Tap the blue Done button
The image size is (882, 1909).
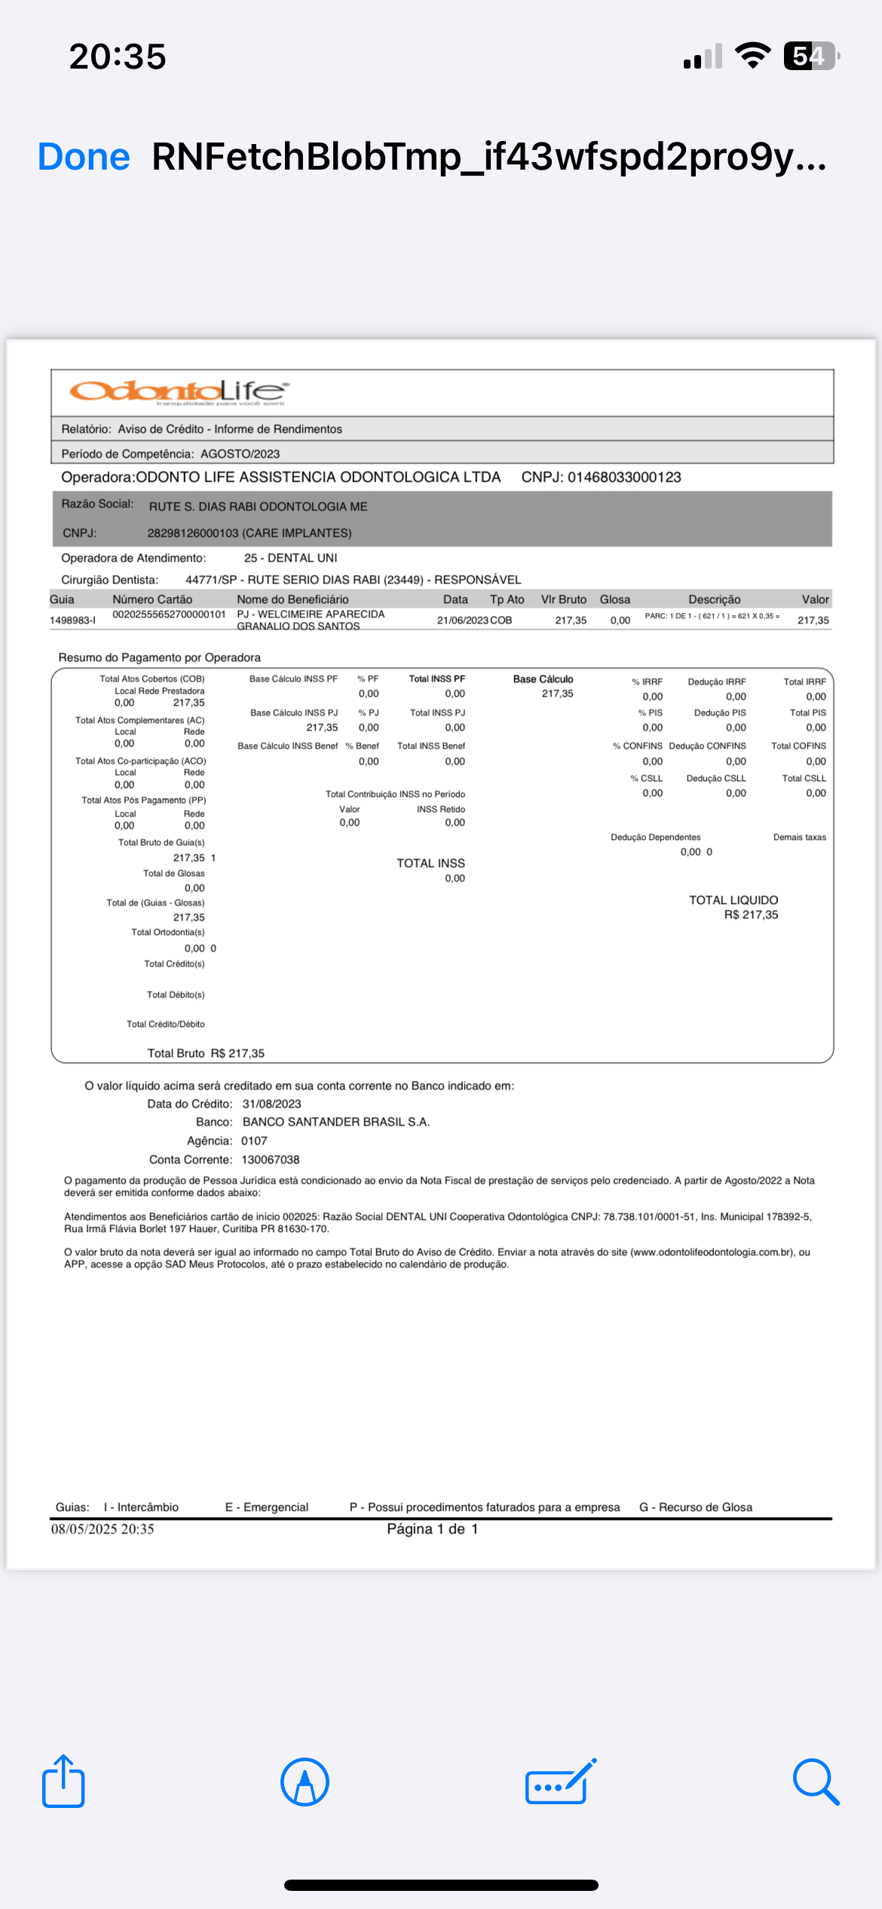(x=84, y=157)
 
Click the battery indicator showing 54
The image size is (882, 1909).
(x=810, y=56)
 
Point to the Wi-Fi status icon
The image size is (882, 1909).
(x=752, y=56)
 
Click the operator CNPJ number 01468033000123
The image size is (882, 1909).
(x=624, y=477)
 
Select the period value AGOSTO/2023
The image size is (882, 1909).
(x=240, y=454)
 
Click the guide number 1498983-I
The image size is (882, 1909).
(x=72, y=621)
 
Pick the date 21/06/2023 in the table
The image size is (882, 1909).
(x=462, y=621)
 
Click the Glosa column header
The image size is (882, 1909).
(x=614, y=599)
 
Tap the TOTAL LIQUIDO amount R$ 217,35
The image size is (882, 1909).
(x=751, y=915)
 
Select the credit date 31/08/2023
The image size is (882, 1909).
(x=271, y=1104)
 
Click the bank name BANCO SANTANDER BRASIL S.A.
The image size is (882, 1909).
(x=335, y=1122)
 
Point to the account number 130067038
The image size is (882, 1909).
(x=270, y=1160)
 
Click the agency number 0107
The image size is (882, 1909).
(x=254, y=1141)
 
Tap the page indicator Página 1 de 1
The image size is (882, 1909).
(x=432, y=1529)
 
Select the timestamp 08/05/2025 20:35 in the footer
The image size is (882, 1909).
(x=103, y=1529)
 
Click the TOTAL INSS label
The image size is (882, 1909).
(x=430, y=863)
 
